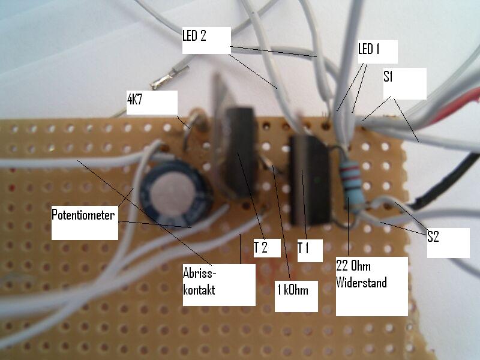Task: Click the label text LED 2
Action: [194, 36]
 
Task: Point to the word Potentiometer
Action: [83, 215]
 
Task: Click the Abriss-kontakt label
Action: [200, 281]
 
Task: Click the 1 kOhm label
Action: [293, 290]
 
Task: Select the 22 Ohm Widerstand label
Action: [361, 275]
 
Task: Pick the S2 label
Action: [434, 237]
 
